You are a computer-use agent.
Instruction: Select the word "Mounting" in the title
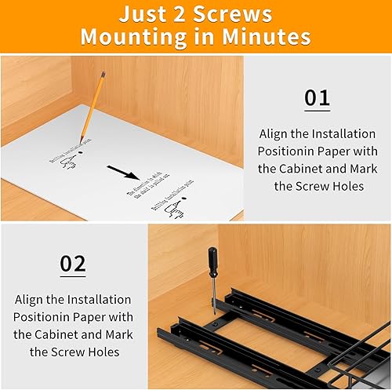click(131, 38)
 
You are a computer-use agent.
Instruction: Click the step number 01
click(318, 98)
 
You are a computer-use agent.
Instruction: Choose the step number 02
click(73, 264)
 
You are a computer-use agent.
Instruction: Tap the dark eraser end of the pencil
click(103, 75)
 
